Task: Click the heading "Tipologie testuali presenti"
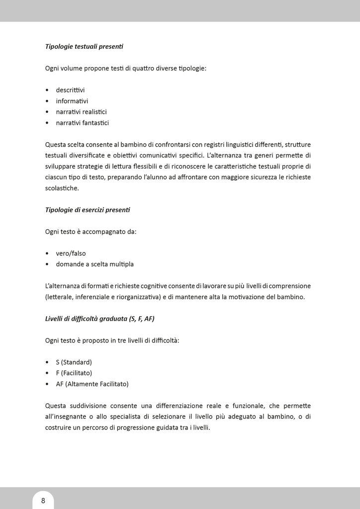[x=84, y=47]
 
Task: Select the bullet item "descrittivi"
[x=70, y=90]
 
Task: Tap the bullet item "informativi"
[x=72, y=101]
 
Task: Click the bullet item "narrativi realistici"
[x=81, y=112]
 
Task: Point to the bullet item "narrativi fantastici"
[x=82, y=123]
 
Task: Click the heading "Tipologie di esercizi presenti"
[x=88, y=210]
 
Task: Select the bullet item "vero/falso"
[x=71, y=253]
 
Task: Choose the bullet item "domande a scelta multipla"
[x=94, y=264]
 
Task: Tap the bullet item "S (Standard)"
[x=74, y=362]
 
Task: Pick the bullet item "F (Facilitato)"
[x=74, y=373]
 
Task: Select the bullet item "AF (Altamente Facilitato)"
[x=92, y=384]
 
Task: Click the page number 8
[x=43, y=500]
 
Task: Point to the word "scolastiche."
[x=62, y=188]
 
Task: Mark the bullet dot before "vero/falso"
[x=47, y=253]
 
